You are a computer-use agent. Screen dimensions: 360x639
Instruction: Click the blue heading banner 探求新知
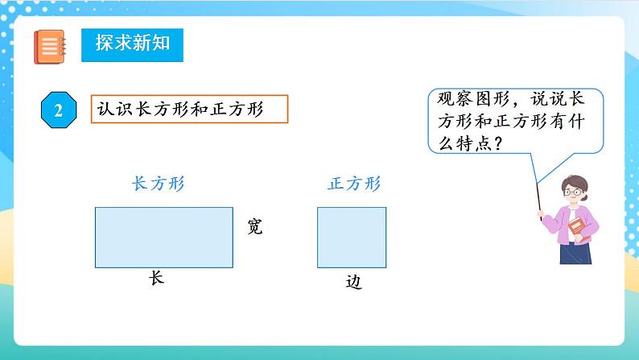point(132,45)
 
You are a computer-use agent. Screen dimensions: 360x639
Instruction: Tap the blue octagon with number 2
point(59,110)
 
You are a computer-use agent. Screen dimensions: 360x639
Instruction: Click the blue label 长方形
point(158,184)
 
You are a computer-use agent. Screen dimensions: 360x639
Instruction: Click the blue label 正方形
point(354,184)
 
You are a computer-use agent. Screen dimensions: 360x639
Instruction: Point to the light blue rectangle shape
point(163,237)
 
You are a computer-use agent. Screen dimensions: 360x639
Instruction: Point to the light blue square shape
point(351,237)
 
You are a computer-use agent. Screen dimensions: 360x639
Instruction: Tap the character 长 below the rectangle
point(156,278)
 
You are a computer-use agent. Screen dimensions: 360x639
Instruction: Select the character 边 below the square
point(353,283)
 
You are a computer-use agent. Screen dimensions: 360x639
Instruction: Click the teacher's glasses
point(573,192)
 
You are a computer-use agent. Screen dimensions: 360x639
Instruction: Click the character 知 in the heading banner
point(161,44)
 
